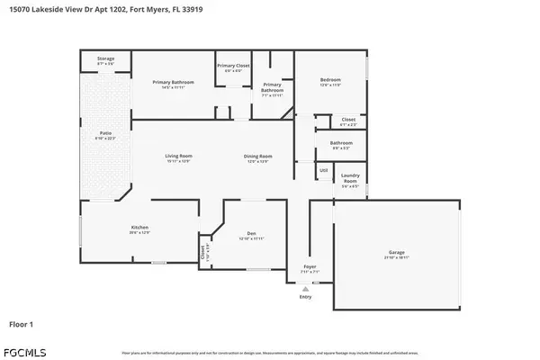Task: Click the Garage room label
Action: pos(398,253)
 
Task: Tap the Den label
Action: pos(251,236)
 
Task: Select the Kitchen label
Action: pos(139,228)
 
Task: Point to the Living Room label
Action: pos(178,157)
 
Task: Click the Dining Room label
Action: pos(257,157)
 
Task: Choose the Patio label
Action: pos(105,134)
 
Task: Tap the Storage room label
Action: pos(105,59)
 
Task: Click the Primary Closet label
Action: pos(232,67)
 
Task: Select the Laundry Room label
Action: pos(350,177)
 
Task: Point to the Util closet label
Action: pos(323,169)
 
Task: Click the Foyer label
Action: pos(310,267)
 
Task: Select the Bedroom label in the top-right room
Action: pos(330,81)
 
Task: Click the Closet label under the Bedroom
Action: pos(348,120)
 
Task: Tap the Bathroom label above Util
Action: pos(341,142)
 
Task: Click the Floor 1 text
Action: pos(22,322)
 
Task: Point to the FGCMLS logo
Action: pos(24,348)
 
